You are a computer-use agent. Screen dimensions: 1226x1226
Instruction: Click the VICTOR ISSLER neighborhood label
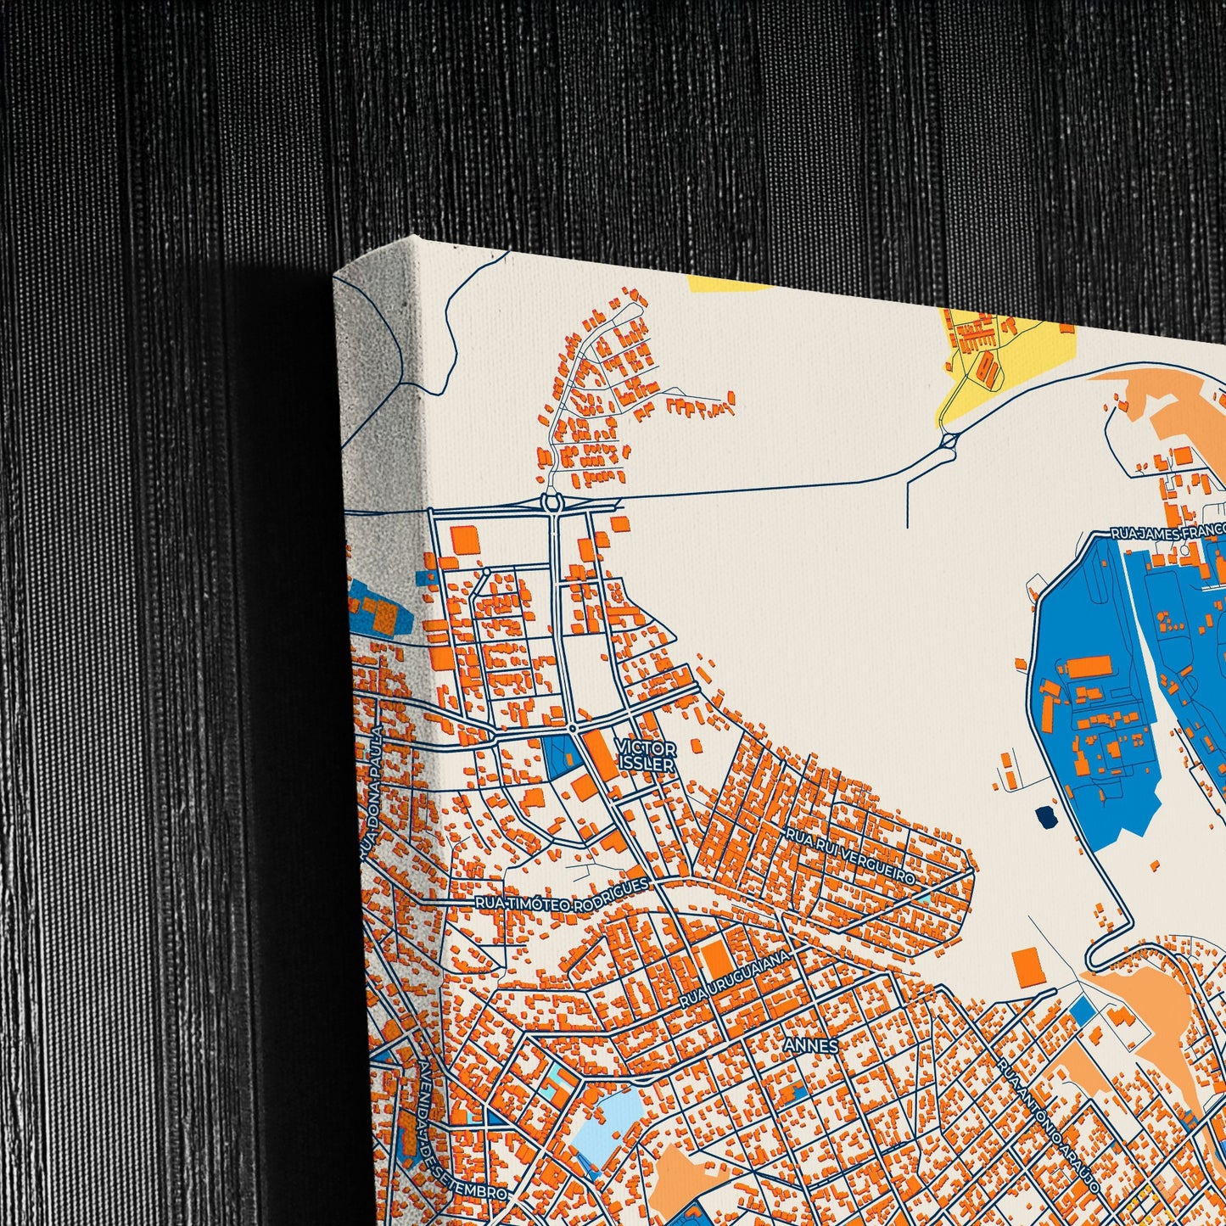[647, 756]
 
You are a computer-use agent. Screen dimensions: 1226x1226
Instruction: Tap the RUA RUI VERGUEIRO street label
[850, 856]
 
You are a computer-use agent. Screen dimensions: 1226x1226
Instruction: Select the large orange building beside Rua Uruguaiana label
[716, 959]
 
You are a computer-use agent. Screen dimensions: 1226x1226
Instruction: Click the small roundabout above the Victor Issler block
[573, 728]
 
